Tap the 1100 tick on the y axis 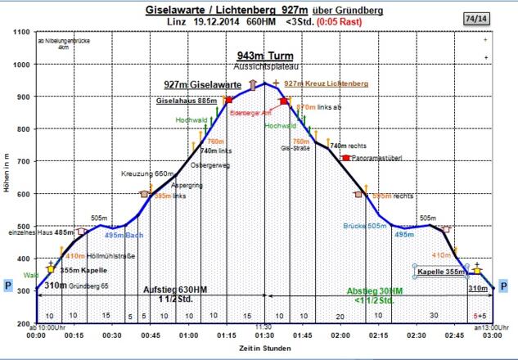22,32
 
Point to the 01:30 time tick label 264,335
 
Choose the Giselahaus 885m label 187,101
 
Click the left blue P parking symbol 8,286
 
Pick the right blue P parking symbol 504,286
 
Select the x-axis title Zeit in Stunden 264,349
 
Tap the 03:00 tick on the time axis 493,335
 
